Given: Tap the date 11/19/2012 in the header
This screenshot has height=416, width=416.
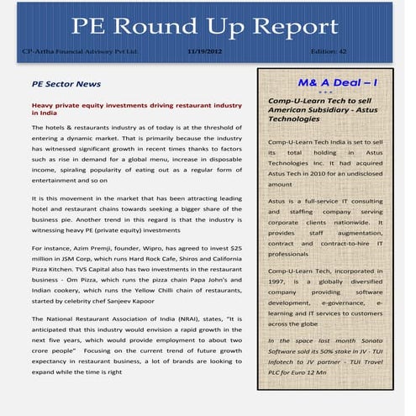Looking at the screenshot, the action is point(204,52).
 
